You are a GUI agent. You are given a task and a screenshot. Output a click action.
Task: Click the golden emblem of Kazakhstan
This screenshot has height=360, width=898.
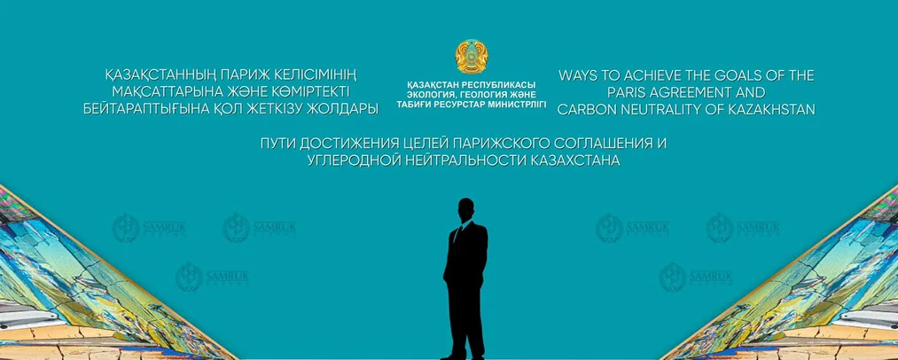[471, 55]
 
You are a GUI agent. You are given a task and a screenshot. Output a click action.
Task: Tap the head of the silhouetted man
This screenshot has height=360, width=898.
[466, 211]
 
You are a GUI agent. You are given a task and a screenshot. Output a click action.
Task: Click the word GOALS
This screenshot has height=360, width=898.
[732, 76]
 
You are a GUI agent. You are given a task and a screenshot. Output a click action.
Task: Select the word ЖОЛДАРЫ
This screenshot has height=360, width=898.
[347, 108]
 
